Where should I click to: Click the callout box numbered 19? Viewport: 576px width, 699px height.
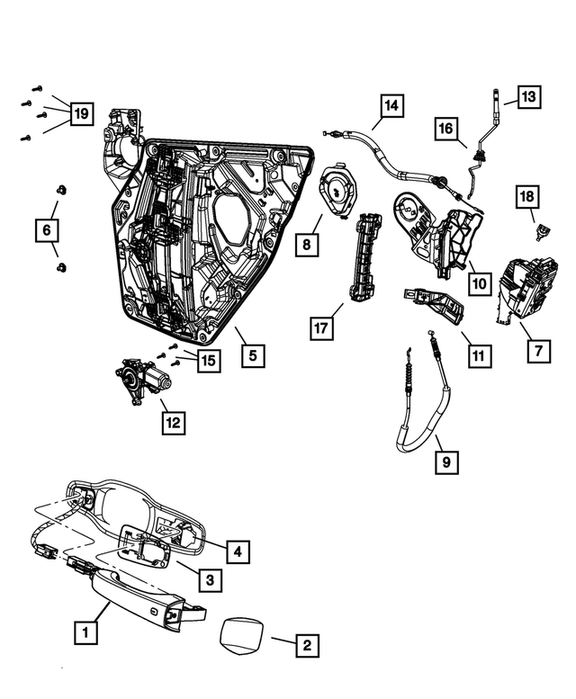pos(81,113)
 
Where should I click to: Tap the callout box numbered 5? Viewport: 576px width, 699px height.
pos(253,355)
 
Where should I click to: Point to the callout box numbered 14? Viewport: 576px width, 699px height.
pos(391,106)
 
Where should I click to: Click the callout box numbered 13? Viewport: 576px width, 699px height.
pos(528,95)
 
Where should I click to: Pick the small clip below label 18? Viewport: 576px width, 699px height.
pos(543,234)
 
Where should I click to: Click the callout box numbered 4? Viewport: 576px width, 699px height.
pos(238,551)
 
